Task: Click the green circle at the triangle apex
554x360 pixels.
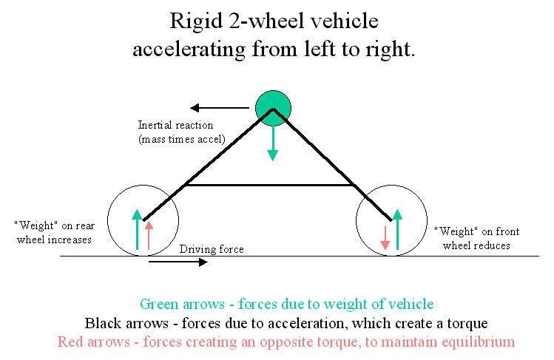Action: pyautogui.click(x=274, y=107)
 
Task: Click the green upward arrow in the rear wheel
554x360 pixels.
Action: pyautogui.click(x=136, y=229)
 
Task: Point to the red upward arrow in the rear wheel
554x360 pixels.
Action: pyautogui.click(x=149, y=234)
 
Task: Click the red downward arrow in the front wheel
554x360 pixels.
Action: pyautogui.click(x=385, y=237)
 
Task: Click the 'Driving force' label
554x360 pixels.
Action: pyautogui.click(x=212, y=249)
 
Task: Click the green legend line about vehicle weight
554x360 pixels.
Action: pyautogui.click(x=286, y=304)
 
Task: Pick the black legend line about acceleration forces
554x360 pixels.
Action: pyautogui.click(x=286, y=323)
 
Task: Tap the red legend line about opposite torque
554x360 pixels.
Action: pyautogui.click(x=286, y=342)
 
